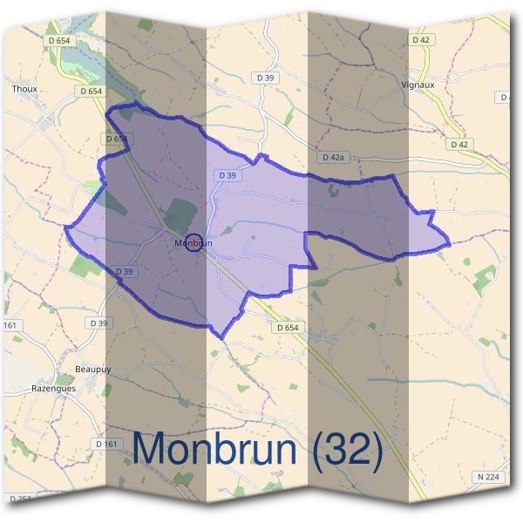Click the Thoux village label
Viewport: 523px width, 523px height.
(x=23, y=88)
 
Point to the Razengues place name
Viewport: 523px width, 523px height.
(x=54, y=389)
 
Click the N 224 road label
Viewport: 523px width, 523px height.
(x=490, y=477)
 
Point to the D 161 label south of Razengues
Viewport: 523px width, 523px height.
(x=105, y=445)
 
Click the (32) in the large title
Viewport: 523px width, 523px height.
(x=341, y=451)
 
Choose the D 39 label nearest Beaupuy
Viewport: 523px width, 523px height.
(x=99, y=323)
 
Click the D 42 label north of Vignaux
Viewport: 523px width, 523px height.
(x=421, y=40)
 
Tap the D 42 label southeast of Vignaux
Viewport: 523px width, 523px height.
(x=459, y=144)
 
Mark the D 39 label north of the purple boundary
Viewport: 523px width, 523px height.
(x=266, y=78)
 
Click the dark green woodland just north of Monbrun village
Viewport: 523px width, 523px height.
(x=181, y=214)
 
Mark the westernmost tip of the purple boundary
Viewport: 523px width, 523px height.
(x=65, y=228)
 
